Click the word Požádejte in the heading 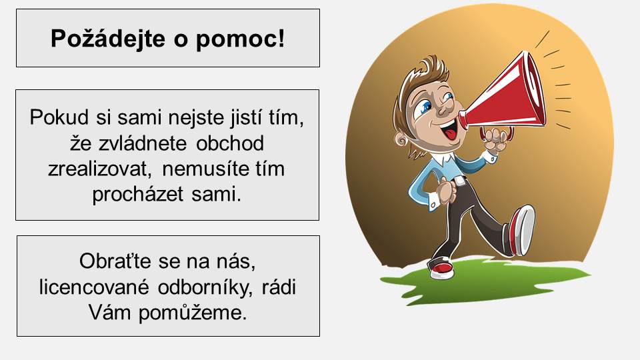tap(108, 39)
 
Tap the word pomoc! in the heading tap(241, 39)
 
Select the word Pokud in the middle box tap(59, 117)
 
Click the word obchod tap(230, 143)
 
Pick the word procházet tap(137, 195)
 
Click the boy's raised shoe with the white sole tap(521, 231)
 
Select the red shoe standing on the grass tap(441, 269)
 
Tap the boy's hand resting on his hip tap(447, 191)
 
